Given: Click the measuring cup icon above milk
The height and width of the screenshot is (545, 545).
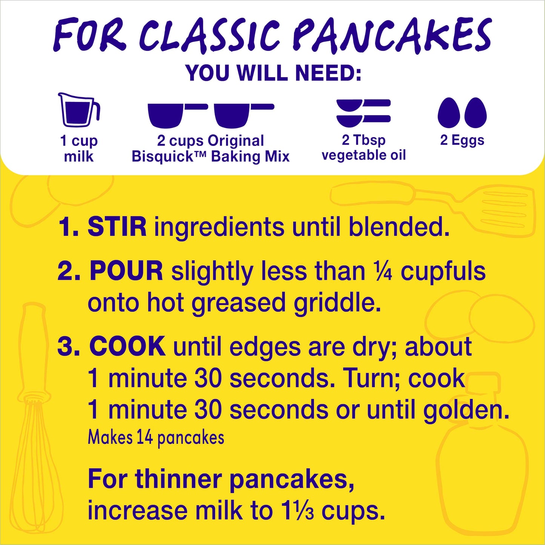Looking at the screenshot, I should click(x=78, y=110).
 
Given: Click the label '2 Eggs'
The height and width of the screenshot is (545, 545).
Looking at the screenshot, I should click(x=462, y=140).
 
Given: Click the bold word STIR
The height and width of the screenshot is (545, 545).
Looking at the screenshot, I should click(x=117, y=227).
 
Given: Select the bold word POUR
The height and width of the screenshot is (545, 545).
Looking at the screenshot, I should click(x=126, y=271).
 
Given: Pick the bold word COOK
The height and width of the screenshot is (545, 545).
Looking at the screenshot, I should click(x=127, y=346).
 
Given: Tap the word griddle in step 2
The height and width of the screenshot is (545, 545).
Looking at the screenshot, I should click(x=337, y=303).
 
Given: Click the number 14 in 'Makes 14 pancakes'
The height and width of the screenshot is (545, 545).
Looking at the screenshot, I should click(x=144, y=438).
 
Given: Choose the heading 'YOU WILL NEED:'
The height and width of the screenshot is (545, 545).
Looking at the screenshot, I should click(x=273, y=73).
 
